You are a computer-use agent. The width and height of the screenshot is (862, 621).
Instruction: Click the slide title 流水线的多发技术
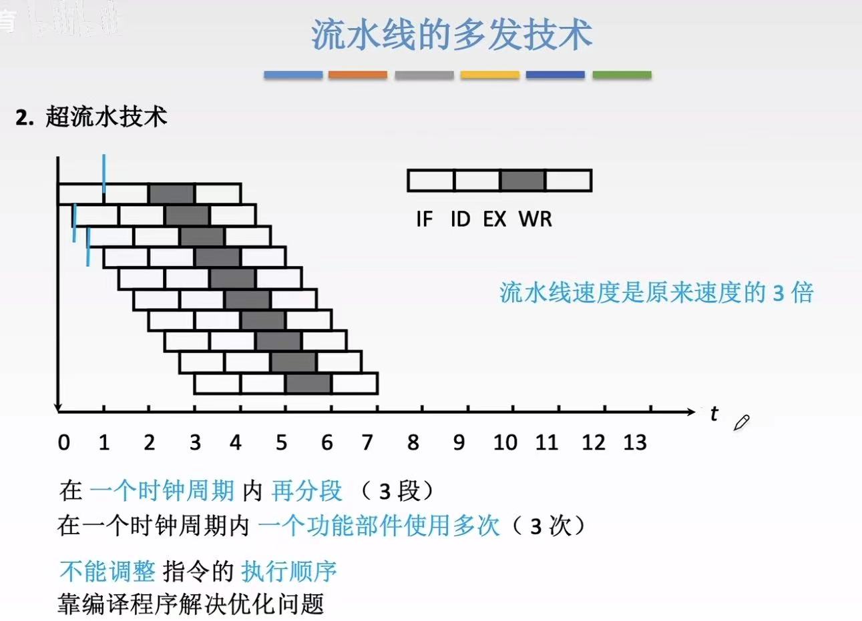coord(452,35)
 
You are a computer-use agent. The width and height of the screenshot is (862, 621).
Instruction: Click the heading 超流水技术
coord(106,117)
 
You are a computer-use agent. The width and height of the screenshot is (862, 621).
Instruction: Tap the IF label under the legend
coord(424,219)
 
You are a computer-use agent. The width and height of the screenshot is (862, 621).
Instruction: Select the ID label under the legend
coord(460,219)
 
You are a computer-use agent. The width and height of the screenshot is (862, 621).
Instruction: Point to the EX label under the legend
coord(495,219)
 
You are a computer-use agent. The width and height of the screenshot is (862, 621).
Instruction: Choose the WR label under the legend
coord(535,219)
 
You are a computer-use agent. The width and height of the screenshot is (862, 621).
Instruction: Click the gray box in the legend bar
coord(523,181)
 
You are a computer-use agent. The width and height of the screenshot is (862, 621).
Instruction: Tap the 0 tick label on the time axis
coord(63,442)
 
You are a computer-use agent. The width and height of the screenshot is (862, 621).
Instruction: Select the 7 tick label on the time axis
coord(367,442)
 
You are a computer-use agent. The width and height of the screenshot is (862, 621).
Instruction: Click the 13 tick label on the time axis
coord(634,442)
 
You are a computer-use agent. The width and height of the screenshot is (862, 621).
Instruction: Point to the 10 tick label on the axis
coord(505,442)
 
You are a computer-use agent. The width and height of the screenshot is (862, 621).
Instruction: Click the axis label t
coord(714,414)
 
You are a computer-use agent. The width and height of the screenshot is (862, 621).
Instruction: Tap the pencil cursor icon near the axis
coord(741,422)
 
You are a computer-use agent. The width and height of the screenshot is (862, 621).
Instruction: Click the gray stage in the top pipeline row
coord(171,193)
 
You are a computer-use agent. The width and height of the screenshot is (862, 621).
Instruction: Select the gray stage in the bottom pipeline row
coord(308,384)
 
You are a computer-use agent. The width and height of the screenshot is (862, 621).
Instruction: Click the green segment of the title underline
coord(622,75)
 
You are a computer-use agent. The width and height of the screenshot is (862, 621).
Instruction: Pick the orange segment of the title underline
coord(358,75)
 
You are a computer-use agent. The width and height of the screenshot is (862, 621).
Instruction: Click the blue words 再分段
coord(307,491)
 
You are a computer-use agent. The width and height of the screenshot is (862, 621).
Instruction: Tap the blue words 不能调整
coord(107,571)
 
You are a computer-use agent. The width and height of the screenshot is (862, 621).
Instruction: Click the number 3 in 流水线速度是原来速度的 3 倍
coord(778,293)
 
